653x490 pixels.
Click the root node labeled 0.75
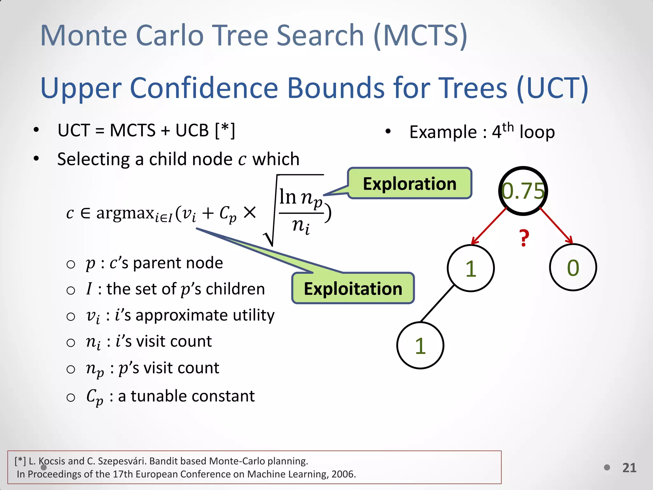click(x=523, y=191)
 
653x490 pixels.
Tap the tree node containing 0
click(x=573, y=268)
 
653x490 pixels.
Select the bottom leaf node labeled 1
click(x=420, y=345)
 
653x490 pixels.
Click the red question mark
click(x=524, y=238)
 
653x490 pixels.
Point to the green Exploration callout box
click(x=409, y=184)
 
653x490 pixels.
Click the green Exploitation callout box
click(x=353, y=288)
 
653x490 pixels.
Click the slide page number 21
click(x=629, y=468)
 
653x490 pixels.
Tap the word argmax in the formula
click(x=125, y=213)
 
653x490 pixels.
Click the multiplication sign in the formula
click(x=250, y=212)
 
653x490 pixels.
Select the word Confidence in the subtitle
click(x=204, y=88)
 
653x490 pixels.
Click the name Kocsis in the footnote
click(x=52, y=461)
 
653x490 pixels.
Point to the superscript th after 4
click(x=508, y=127)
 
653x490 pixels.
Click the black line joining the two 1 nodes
click(x=437, y=303)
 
